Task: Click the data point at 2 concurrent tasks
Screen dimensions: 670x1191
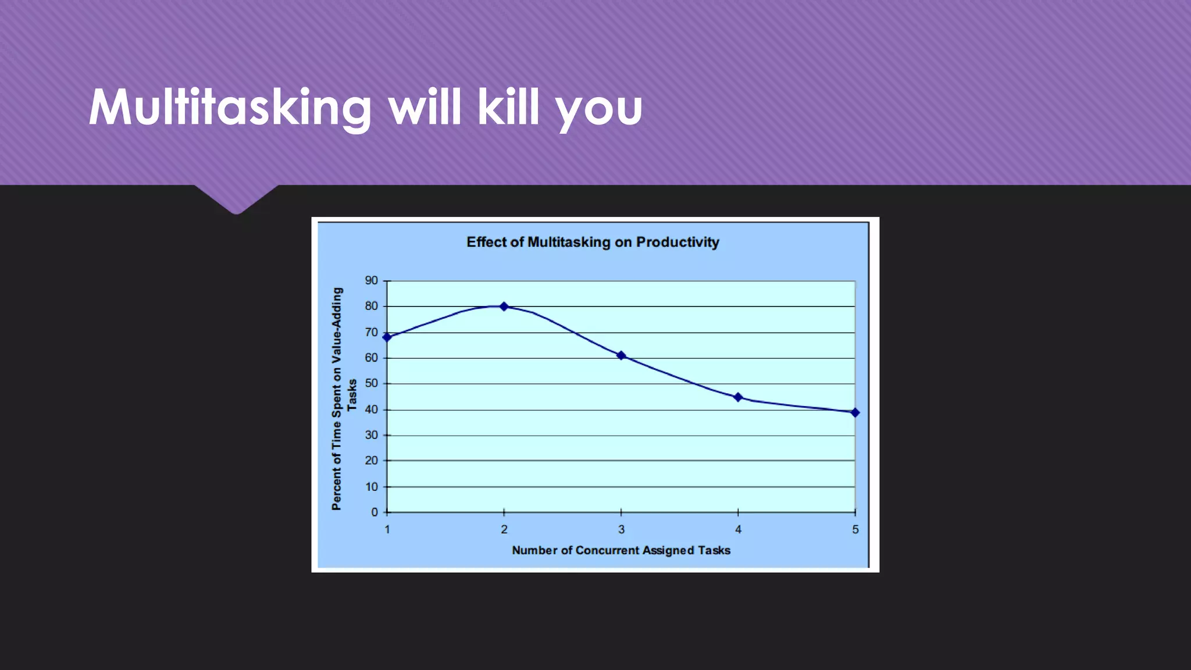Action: [x=504, y=307]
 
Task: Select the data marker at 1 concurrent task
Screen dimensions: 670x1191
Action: [x=387, y=337]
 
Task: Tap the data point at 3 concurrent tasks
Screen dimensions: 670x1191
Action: [x=621, y=355]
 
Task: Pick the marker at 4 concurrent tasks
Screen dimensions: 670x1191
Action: [x=738, y=397]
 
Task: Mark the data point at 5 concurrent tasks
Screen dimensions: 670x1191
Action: [x=855, y=412]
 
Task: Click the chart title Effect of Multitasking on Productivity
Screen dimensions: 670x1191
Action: [x=593, y=243]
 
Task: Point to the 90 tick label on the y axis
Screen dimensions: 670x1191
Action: [x=371, y=280]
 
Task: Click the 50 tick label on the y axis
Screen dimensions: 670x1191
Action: [x=371, y=383]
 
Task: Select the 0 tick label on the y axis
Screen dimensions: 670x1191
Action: [x=375, y=512]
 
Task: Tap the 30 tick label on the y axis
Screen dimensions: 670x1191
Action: [x=371, y=435]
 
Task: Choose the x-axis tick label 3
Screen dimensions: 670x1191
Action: [x=621, y=530]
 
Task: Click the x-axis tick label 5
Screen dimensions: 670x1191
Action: [x=855, y=530]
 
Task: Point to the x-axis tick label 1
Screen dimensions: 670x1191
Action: [x=387, y=530]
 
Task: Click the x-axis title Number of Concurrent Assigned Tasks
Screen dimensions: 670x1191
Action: [x=621, y=550]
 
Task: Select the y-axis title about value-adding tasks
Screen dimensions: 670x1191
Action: [x=344, y=398]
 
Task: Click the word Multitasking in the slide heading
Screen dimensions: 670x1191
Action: [x=230, y=108]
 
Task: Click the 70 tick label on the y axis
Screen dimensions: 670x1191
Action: [x=371, y=333]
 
